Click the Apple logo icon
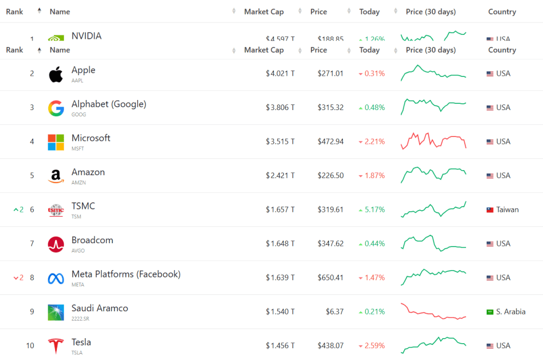(56, 74)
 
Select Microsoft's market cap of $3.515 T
(280, 142)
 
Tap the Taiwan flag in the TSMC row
(490, 209)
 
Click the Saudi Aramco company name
(99, 308)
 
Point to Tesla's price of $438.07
(330, 346)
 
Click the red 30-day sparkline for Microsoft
(433, 140)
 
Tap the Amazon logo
(56, 176)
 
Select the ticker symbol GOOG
(79, 115)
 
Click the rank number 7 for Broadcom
(32, 244)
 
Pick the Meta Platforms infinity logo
(56, 278)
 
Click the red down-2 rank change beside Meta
(19, 277)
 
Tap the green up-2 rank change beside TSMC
(19, 209)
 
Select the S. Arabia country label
(510, 312)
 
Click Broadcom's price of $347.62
(330, 244)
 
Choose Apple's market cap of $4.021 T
(280, 74)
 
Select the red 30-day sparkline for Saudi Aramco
(433, 312)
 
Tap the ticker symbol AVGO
(79, 250)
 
